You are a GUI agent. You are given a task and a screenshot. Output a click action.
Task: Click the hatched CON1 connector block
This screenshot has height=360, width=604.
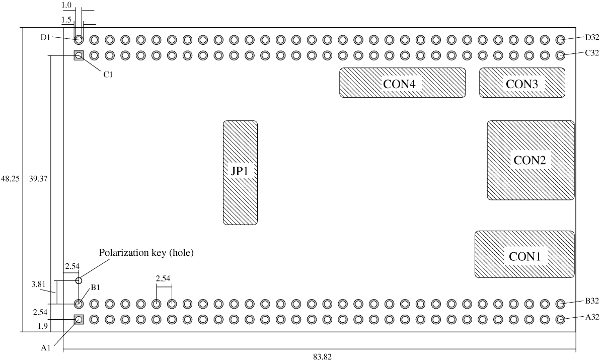(524, 254)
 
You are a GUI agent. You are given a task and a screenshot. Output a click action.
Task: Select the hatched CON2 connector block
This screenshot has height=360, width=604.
(531, 160)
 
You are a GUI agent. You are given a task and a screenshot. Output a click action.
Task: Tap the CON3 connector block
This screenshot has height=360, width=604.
(521, 83)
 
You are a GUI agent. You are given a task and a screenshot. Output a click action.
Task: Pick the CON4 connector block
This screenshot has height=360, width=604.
(402, 83)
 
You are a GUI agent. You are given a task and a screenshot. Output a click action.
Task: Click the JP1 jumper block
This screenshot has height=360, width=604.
(240, 172)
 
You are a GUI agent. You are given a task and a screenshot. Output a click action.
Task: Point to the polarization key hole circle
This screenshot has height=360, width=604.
(79, 280)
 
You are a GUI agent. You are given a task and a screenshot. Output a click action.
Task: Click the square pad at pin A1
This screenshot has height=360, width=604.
(79, 319)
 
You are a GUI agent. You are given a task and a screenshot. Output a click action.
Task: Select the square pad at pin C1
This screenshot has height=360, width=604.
(79, 55)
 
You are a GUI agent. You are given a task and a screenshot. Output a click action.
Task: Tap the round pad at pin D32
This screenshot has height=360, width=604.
(560, 40)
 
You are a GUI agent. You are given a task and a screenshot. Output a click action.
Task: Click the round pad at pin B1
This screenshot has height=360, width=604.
(79, 304)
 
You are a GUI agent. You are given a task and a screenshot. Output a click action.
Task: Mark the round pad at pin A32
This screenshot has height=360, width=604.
(560, 319)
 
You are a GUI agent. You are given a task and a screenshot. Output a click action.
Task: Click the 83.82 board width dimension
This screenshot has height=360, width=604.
(322, 355)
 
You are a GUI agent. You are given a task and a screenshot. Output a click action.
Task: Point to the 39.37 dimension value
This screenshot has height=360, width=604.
(38, 178)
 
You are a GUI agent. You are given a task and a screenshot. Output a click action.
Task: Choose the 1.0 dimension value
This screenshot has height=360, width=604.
(66, 5)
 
